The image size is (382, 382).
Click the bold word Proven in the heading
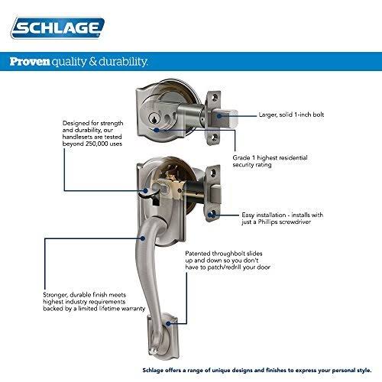click(31, 62)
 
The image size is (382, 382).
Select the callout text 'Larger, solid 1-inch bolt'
click(300, 112)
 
